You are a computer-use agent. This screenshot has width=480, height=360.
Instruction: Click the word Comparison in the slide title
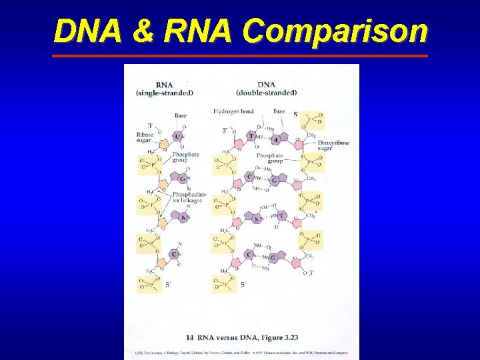[x=335, y=31]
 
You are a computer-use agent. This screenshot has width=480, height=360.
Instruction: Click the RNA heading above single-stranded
[x=164, y=85]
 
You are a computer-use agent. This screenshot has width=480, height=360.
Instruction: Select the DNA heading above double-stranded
[x=266, y=85]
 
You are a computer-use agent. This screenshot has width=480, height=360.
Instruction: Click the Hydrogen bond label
[x=233, y=111]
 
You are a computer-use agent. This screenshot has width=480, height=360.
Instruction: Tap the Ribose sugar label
[x=145, y=138]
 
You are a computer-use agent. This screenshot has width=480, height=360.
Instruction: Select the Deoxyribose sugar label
[x=333, y=146]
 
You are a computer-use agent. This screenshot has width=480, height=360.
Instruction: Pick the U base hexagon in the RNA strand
[x=178, y=136]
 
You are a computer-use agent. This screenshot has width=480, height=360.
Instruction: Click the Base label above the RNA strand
[x=181, y=115]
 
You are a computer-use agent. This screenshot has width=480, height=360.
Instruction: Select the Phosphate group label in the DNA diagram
[x=270, y=158]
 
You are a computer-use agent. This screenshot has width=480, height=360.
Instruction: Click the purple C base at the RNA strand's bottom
[x=173, y=254]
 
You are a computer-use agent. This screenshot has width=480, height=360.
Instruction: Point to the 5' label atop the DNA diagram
[x=296, y=115]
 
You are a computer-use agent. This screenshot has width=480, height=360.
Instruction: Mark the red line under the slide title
[x=240, y=56]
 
